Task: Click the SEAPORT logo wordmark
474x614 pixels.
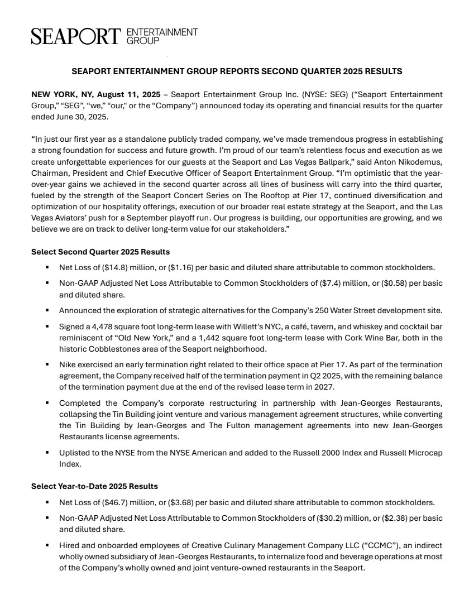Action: pyautogui.click(x=76, y=36)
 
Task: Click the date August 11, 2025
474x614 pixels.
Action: pyautogui.click(x=133, y=94)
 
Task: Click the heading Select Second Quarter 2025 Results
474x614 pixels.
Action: pyautogui.click(x=100, y=252)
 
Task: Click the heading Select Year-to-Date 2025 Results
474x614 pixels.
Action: pyautogui.click(x=94, y=486)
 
